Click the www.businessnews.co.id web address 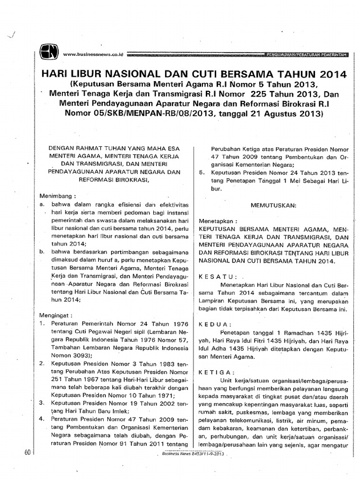93,54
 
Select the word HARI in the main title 56,75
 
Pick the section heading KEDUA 216,324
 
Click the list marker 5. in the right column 202,172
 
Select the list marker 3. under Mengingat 42,402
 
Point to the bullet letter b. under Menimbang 42,251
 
